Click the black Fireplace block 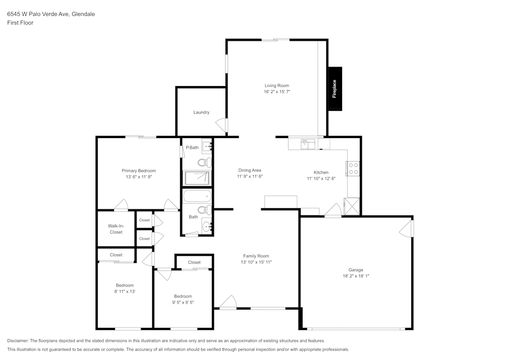[x=335, y=89]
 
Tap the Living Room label [x=276, y=86]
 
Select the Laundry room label [x=201, y=113]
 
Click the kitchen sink [x=308, y=144]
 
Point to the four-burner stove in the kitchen [x=353, y=169]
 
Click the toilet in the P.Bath [x=205, y=162]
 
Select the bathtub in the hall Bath [x=197, y=196]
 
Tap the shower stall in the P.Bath [x=197, y=178]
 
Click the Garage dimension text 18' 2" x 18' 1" [x=356, y=276]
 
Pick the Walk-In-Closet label [x=116, y=229]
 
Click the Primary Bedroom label [x=138, y=171]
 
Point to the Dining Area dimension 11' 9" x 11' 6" [x=249, y=176]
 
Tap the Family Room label [x=256, y=256]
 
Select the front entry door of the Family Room [x=228, y=302]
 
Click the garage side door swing [x=407, y=228]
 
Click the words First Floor [x=20, y=23]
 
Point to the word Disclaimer [x=18, y=341]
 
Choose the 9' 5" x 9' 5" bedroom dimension [x=183, y=302]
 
